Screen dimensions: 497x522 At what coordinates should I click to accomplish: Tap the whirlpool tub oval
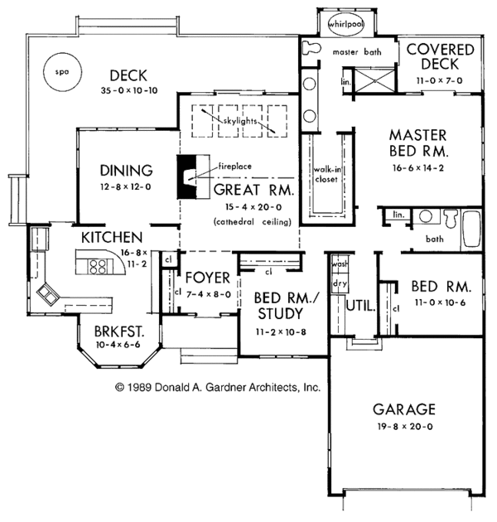point(346,24)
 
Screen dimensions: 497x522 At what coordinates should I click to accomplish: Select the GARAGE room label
point(403,409)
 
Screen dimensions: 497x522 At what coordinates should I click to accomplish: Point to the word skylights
point(239,120)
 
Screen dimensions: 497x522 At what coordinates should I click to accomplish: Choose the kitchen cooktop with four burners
point(98,267)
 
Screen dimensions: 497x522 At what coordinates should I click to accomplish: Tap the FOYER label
point(207,278)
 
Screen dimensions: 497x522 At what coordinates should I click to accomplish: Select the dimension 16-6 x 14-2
point(418,167)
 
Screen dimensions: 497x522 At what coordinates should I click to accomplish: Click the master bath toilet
point(311,48)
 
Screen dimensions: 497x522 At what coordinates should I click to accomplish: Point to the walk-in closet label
point(327,175)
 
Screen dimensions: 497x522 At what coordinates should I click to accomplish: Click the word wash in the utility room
point(340,263)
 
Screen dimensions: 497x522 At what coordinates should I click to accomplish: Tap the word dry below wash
point(340,283)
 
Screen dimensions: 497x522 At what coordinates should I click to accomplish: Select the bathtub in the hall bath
point(471,230)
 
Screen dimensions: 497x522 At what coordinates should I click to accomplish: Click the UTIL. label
point(360,306)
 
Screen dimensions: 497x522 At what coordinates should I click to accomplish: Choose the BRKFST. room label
point(119,331)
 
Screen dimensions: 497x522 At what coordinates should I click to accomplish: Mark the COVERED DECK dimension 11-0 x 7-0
point(439,80)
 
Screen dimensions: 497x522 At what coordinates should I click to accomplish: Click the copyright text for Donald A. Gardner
point(218,387)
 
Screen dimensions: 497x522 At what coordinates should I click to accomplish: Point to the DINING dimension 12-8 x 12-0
point(126,186)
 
